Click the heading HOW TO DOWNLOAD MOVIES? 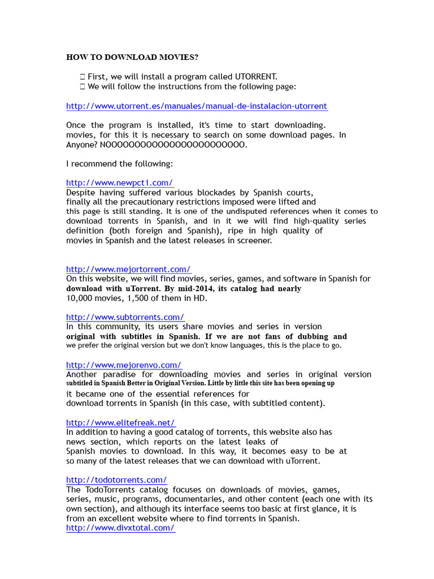[132, 57]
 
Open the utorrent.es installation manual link [197, 106]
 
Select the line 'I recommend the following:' [119, 163]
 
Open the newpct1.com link [120, 183]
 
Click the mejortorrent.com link [128, 269]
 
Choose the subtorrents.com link [125, 317]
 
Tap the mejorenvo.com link [124, 365]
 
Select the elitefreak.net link [121, 422]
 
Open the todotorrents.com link [116, 480]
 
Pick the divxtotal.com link [120, 528]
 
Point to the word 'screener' [254, 240]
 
